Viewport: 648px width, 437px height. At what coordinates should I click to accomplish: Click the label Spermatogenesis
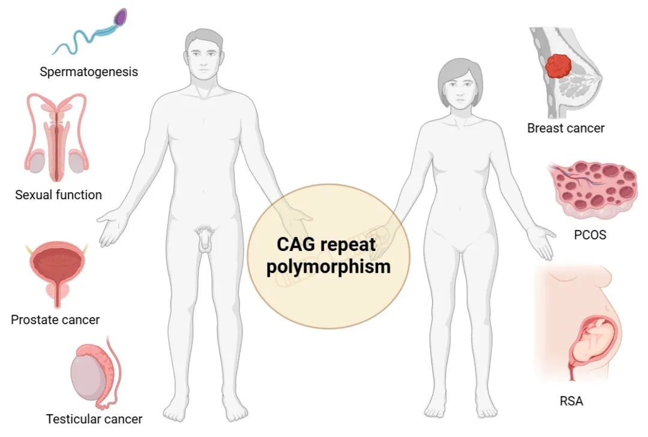tap(89, 72)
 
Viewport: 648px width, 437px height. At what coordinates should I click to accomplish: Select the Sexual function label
tap(58, 194)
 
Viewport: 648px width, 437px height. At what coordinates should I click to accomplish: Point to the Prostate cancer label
tap(55, 319)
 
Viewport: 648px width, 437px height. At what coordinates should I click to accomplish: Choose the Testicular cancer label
tap(94, 418)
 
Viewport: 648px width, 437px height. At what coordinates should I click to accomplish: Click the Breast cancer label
tap(566, 128)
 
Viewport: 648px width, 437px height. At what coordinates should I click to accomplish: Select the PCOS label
tap(590, 235)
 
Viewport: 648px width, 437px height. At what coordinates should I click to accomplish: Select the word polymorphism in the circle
tap(328, 266)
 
